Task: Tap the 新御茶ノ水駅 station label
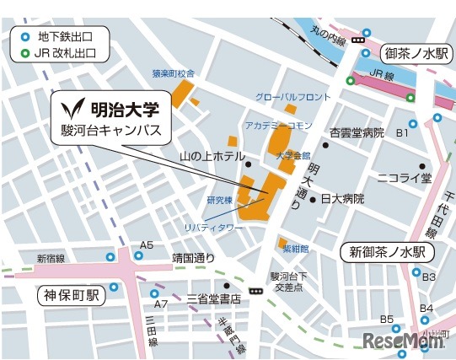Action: pyautogui.click(x=387, y=252)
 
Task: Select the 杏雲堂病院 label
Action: pyautogui.click(x=356, y=133)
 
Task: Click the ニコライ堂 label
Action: pyautogui.click(x=403, y=178)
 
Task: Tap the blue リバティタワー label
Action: pyautogui.click(x=213, y=228)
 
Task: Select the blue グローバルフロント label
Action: pyautogui.click(x=293, y=98)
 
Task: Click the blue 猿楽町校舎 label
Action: pyautogui.click(x=174, y=73)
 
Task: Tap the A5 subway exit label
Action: pyautogui.click(x=147, y=245)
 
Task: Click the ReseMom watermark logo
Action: pyautogui.click(x=403, y=340)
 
